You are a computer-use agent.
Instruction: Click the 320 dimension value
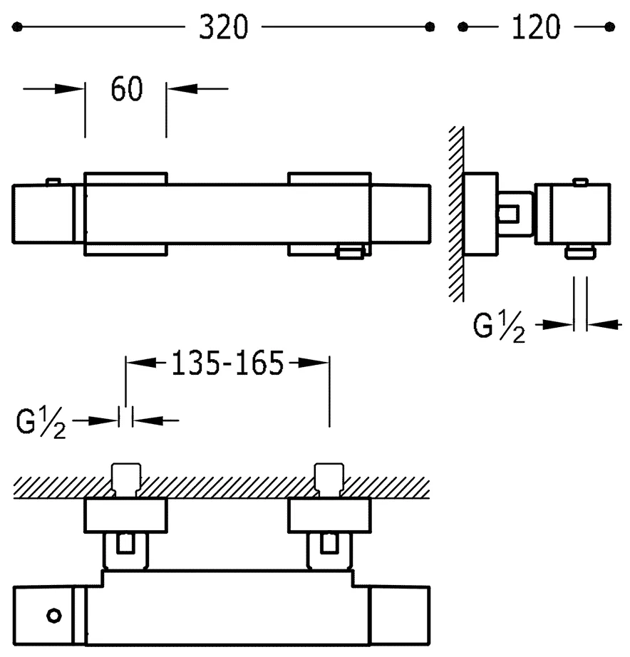pos(223,28)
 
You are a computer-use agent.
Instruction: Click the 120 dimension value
pos(535,28)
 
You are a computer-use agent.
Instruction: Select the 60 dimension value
pos(127,89)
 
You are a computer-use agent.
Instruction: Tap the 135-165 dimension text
pos(227,364)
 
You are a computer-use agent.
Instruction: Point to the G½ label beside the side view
pos(499,327)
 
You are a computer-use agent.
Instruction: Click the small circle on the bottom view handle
pos(53,614)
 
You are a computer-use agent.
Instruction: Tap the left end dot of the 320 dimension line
pos(19,27)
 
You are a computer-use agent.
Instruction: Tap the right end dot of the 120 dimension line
pos(609,27)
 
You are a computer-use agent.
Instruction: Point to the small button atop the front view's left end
pos(51,181)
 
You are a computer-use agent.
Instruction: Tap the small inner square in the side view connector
pos(509,214)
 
